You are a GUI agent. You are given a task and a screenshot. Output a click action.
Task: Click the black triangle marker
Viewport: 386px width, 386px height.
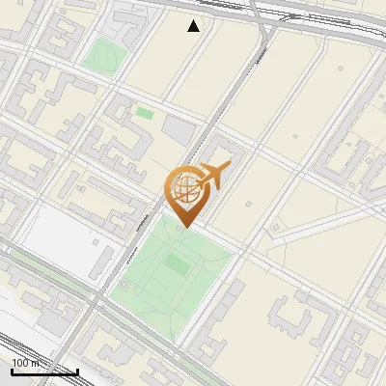[x=194, y=26]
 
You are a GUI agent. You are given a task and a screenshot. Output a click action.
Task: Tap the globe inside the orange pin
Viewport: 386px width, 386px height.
[x=183, y=188]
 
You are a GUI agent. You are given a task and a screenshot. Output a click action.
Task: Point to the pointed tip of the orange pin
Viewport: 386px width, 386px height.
[x=183, y=228]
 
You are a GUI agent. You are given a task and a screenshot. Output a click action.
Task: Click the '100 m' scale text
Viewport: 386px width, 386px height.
[x=24, y=363]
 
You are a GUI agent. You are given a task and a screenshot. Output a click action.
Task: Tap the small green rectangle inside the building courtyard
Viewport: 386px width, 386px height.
[x=144, y=114]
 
